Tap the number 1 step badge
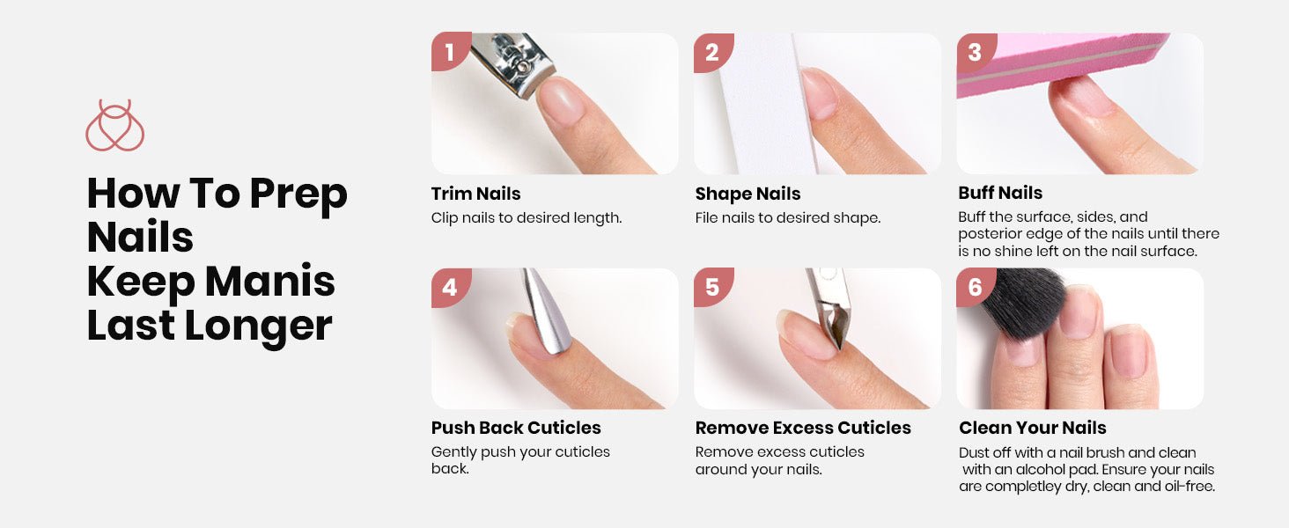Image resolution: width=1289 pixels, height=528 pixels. [x=450, y=52]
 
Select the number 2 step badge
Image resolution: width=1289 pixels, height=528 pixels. [x=712, y=52]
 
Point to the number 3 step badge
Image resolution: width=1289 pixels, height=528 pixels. [x=975, y=52]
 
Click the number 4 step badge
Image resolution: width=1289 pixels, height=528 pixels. [x=450, y=287]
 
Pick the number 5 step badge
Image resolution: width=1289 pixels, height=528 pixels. [x=712, y=287]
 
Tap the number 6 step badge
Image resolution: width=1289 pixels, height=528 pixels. [x=975, y=287]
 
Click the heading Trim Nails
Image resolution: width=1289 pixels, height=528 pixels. [x=476, y=194]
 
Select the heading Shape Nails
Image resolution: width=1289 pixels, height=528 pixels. [x=748, y=194]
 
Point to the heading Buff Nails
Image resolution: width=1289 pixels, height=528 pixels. [x=1000, y=193]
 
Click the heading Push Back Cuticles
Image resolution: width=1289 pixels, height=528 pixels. [x=516, y=428]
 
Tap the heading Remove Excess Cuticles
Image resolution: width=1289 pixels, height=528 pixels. [x=803, y=428]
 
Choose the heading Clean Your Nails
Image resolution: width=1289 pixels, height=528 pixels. [x=1033, y=428]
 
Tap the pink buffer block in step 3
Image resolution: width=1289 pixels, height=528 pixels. [x=1059, y=62]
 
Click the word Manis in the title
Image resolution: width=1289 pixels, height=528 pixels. [x=270, y=282]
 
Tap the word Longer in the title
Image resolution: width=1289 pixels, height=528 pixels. [x=258, y=327]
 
